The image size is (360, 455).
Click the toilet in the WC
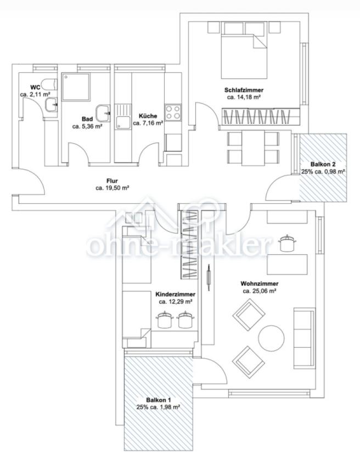point(49,84)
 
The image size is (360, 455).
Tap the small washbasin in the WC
point(52,105)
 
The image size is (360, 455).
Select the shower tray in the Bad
point(76,87)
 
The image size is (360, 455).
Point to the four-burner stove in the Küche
point(173,112)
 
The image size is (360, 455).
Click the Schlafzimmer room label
point(244,90)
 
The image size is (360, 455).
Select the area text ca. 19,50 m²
point(112,188)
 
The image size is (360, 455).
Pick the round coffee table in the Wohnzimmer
point(272,338)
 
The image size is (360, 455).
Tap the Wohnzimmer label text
point(260,284)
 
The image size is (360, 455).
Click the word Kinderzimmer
point(176,294)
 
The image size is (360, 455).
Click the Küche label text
point(148,116)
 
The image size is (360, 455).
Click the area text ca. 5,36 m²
point(87,127)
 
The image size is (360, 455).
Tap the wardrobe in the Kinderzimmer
point(189,244)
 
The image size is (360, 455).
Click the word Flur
point(112,181)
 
